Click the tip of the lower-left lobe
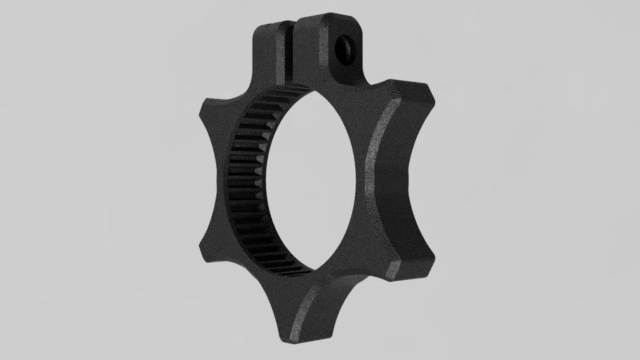point(205,254)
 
